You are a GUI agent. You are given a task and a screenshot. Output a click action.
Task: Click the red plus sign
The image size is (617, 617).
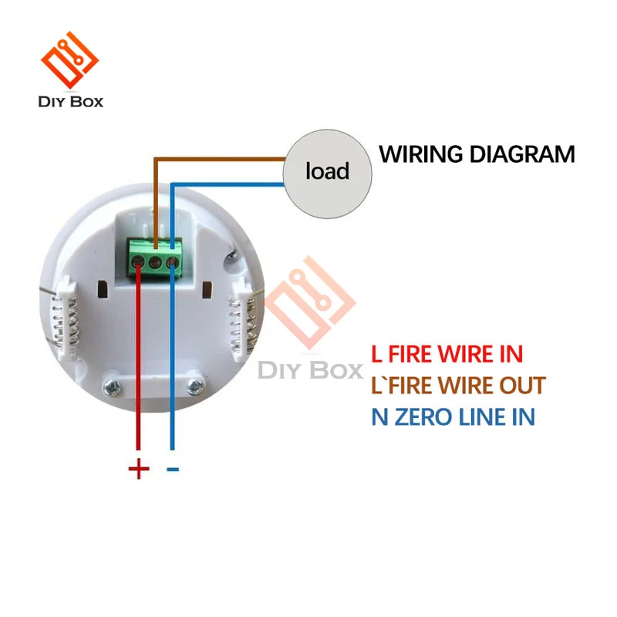click(x=139, y=468)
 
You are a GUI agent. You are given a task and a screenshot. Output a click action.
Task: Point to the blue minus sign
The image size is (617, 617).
click(x=173, y=468)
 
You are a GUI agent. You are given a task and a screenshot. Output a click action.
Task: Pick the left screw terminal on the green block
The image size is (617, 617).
click(x=139, y=263)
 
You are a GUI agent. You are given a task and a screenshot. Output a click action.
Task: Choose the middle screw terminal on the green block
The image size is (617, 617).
click(x=156, y=263)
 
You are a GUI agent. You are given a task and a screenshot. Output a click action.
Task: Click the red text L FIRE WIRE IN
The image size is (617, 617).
click(x=447, y=354)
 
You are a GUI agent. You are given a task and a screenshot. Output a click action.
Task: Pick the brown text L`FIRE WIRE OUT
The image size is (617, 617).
click(x=458, y=385)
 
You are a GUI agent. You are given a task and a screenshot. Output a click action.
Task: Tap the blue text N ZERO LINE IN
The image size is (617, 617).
click(x=453, y=417)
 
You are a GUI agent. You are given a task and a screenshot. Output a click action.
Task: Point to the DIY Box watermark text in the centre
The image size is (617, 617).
click(x=310, y=370)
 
